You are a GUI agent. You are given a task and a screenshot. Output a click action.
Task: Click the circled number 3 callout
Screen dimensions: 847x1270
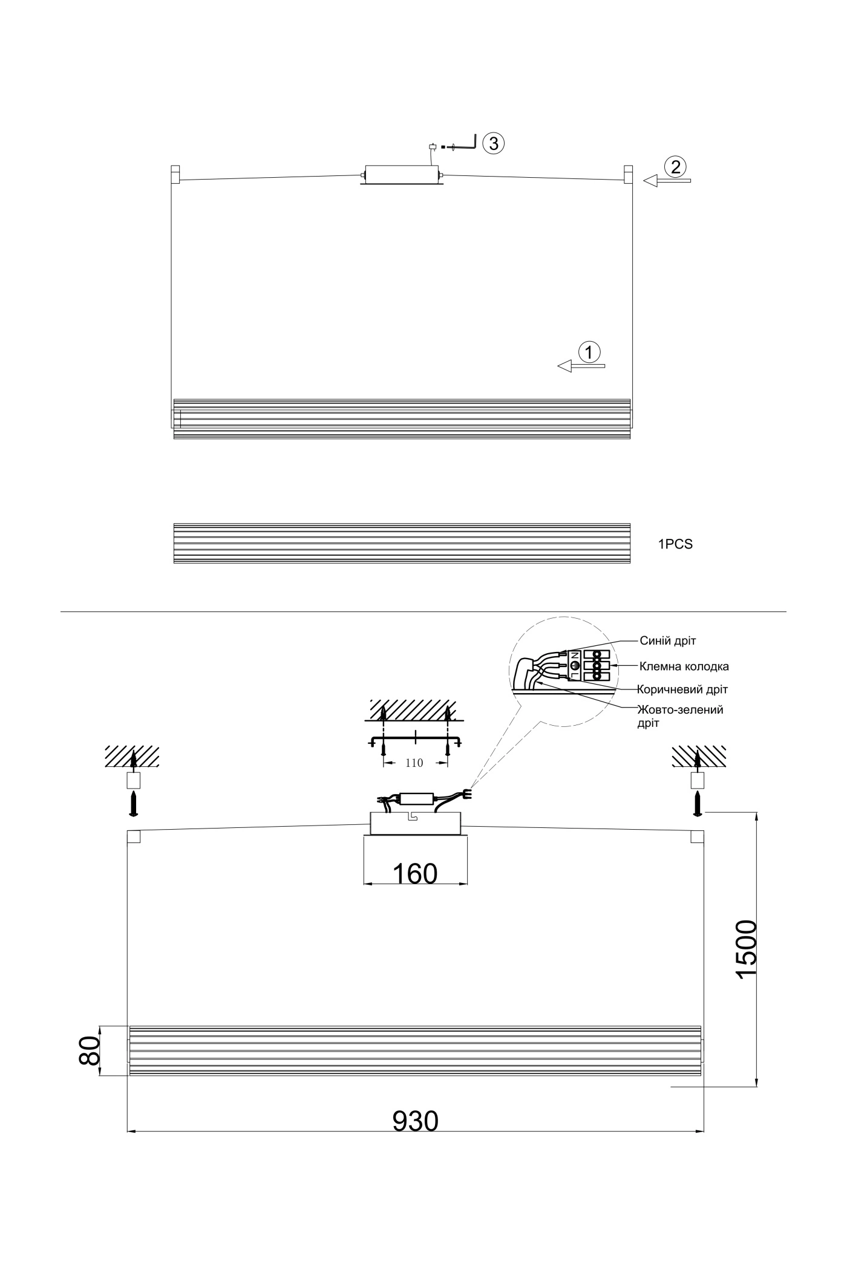coord(494,143)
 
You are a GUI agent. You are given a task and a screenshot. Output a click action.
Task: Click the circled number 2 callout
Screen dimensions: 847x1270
coord(674,166)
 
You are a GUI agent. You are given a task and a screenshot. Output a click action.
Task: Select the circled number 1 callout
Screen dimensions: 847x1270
coord(589,351)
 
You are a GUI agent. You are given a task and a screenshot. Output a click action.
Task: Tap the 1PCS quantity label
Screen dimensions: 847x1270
coord(675,544)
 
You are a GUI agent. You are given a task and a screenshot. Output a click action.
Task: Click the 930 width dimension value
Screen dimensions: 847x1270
coord(416,1121)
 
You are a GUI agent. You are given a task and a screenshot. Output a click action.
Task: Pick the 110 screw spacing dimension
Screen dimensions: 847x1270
coord(414,763)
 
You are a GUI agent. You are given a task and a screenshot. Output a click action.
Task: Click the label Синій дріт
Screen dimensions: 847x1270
coord(668,641)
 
